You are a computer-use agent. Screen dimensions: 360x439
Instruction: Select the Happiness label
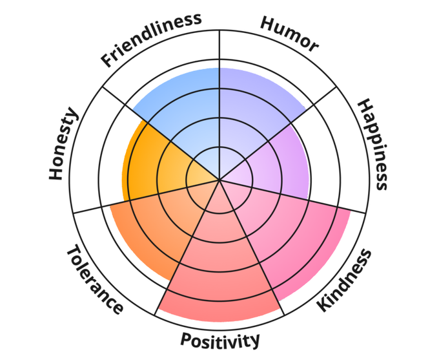click(373, 144)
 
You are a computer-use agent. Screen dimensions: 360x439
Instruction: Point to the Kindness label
click(345, 281)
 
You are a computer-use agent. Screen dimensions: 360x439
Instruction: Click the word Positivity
click(219, 339)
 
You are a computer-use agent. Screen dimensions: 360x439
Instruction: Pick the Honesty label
click(63, 145)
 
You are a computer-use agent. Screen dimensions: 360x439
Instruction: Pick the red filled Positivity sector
click(219, 265)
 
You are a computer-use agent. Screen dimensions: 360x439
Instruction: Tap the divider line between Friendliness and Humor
click(219, 52)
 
